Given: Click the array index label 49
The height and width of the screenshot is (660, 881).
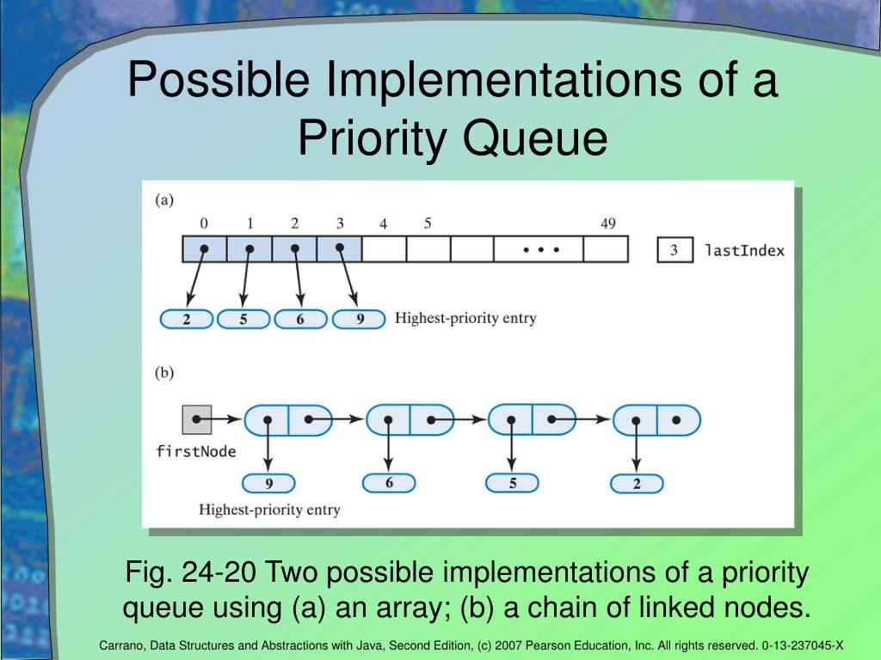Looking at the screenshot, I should [607, 223].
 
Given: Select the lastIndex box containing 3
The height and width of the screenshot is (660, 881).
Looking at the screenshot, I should [675, 250].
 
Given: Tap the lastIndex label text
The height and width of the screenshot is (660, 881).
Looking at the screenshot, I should [744, 251].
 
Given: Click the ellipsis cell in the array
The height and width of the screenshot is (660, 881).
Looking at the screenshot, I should [539, 250].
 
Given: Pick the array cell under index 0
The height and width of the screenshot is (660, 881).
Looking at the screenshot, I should [205, 250].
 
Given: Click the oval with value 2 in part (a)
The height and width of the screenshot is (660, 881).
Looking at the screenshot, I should [186, 320].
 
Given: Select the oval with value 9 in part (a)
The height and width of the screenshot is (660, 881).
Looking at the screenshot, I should [359, 320].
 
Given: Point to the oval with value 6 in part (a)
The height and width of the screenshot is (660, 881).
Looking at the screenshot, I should [299, 320].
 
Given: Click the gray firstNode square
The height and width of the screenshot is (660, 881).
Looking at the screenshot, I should [197, 420].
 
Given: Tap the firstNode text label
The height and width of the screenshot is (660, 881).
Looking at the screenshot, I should [195, 451].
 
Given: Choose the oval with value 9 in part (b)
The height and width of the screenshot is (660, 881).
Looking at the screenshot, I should [268, 484].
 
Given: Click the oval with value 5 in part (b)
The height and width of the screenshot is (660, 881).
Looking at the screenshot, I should [512, 484].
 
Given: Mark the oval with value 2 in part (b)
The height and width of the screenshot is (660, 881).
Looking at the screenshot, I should [637, 484].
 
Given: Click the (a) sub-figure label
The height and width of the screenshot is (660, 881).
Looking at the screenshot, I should [164, 200].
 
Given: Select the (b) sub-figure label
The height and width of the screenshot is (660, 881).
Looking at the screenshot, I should [164, 373].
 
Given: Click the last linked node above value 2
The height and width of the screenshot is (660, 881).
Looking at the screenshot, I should [656, 420].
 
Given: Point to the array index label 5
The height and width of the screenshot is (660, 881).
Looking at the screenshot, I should [428, 223].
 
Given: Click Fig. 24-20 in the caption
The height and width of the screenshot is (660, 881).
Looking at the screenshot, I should [191, 572].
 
